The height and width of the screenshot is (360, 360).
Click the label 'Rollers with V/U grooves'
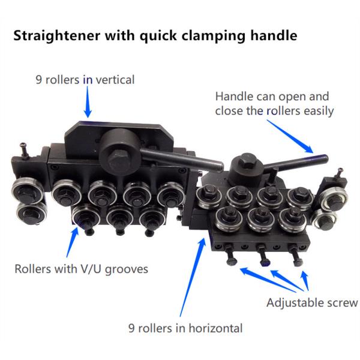tap(80, 268)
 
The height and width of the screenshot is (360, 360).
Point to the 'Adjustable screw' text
tap(312, 302)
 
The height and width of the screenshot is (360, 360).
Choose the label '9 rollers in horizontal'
tap(185, 328)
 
